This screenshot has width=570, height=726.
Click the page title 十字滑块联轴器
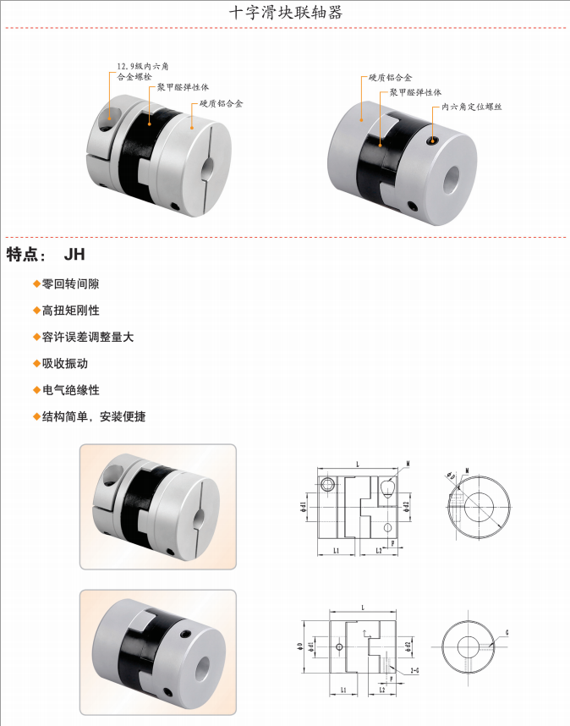click(286, 14)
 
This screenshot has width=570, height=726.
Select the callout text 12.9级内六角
click(148, 65)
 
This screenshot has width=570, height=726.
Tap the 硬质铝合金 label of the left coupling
click(222, 104)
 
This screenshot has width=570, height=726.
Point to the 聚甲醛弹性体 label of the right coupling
click(416, 92)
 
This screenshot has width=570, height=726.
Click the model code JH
click(74, 254)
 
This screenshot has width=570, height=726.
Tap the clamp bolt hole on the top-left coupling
click(108, 118)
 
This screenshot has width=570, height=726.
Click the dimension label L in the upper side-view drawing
click(358, 464)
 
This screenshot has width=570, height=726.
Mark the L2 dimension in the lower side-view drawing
click(382, 690)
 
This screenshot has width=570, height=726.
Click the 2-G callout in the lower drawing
click(414, 670)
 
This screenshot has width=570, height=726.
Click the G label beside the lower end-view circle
click(507, 631)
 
